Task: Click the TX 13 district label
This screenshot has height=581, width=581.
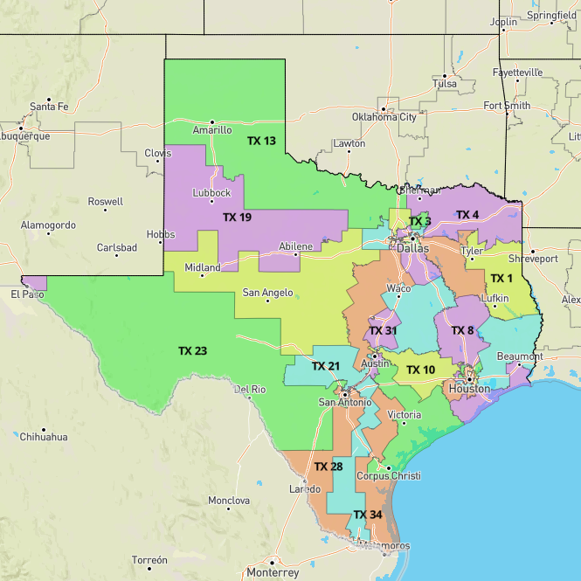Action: (261, 141)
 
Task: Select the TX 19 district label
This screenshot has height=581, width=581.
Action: (237, 217)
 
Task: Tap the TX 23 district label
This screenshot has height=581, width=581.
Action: (192, 350)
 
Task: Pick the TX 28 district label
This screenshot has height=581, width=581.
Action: (329, 467)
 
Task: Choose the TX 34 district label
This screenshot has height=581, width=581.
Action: (368, 515)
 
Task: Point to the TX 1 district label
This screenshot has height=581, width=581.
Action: (501, 279)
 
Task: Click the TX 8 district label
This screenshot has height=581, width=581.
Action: (462, 330)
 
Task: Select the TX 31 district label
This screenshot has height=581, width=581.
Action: (383, 330)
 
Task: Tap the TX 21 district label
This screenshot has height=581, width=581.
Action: (325, 365)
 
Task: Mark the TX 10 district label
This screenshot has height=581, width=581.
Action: (420, 370)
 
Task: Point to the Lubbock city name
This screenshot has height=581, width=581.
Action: (211, 192)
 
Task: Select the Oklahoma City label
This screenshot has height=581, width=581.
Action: (384, 116)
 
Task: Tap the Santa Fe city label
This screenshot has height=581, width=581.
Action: (49, 107)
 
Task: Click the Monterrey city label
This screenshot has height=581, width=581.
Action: (273, 572)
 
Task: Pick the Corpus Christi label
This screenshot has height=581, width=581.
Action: (389, 476)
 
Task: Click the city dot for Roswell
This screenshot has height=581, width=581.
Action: (106, 210)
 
